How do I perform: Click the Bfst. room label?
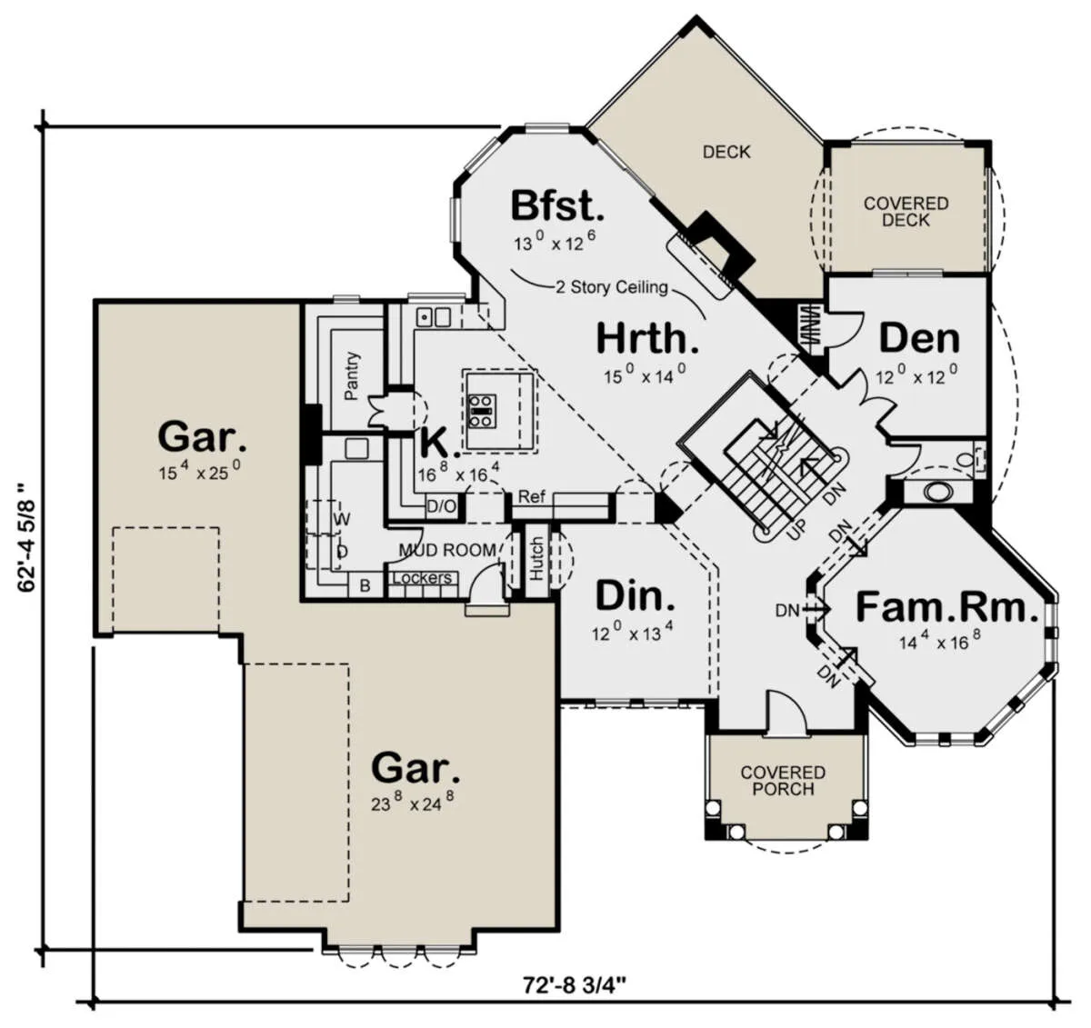(557, 206)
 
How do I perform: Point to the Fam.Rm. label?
(946, 608)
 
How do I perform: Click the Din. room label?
(635, 595)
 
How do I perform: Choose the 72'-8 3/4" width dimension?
(574, 985)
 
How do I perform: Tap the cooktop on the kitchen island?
(481, 411)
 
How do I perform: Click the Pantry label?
(351, 375)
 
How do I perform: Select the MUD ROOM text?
(446, 550)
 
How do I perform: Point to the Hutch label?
(536, 559)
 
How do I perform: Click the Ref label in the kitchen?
(531, 496)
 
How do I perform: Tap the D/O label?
(442, 506)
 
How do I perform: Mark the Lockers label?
(423, 577)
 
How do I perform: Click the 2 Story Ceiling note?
(612, 287)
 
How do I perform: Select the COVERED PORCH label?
(783, 781)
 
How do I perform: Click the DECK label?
(726, 152)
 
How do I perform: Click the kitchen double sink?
(434, 317)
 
